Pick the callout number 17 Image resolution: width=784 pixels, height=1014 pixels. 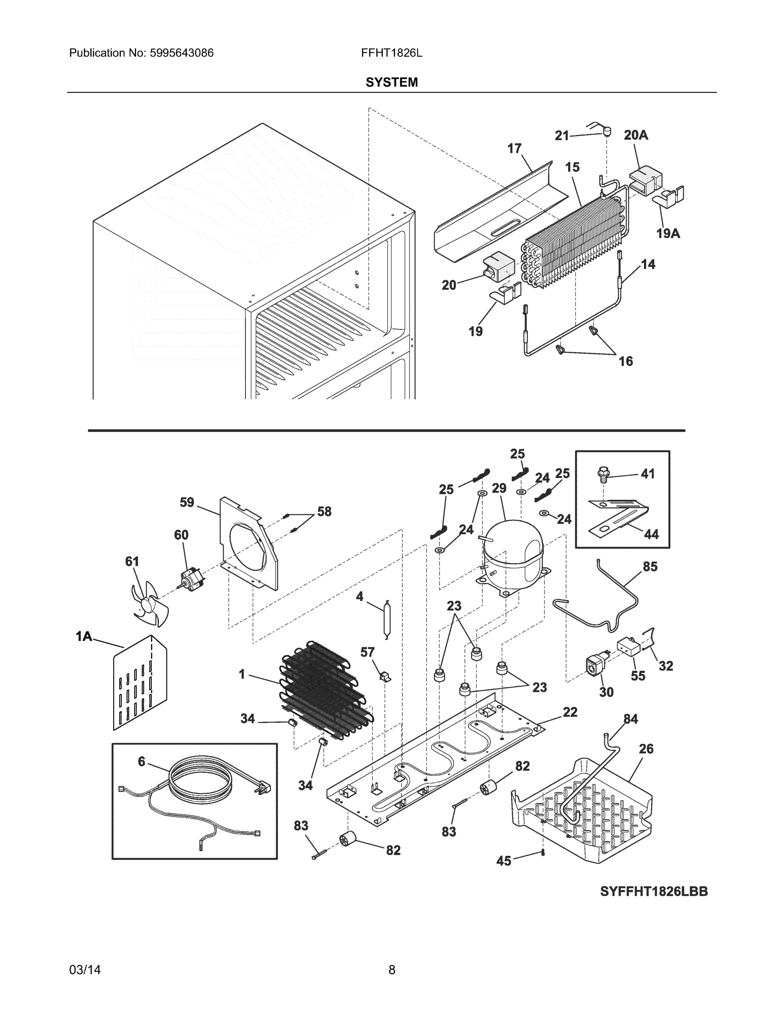pyautogui.click(x=514, y=149)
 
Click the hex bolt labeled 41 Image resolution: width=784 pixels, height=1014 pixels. pyautogui.click(x=602, y=474)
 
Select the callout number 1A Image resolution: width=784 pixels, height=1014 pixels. pyautogui.click(x=84, y=636)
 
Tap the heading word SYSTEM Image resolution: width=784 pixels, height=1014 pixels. pyautogui.click(x=391, y=82)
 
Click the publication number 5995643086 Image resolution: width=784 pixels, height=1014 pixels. pyautogui.click(x=182, y=53)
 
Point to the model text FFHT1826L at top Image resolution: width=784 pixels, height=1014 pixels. pyautogui.click(x=391, y=53)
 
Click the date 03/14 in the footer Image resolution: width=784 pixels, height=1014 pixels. pyautogui.click(x=85, y=970)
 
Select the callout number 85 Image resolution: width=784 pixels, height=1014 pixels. pyautogui.click(x=650, y=567)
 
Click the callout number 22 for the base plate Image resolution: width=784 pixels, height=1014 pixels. pyautogui.click(x=570, y=712)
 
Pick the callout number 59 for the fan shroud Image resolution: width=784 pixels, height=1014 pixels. pyautogui.click(x=187, y=502)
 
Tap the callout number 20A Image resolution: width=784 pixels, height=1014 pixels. pyautogui.click(x=636, y=135)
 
